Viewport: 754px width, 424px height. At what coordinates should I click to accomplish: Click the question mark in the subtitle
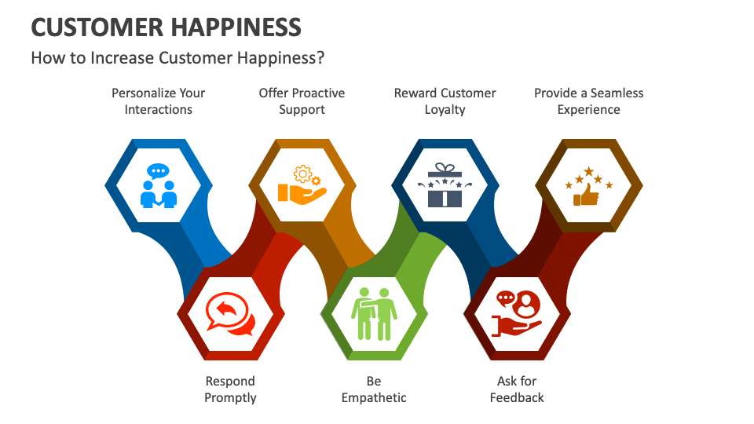pos(320,58)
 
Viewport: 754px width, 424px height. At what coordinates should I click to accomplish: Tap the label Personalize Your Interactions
pos(158,101)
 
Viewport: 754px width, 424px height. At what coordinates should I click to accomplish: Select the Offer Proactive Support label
pos(302,101)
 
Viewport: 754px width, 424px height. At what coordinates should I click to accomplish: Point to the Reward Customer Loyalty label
pos(445,101)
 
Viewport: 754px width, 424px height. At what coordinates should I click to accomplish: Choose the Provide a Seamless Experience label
pos(588,101)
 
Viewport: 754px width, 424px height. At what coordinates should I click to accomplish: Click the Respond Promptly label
pos(230,389)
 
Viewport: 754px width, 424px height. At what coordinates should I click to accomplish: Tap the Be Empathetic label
pos(374,389)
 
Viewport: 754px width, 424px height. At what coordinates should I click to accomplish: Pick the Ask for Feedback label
pos(517,389)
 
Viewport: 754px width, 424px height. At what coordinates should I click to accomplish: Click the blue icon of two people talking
pos(159,186)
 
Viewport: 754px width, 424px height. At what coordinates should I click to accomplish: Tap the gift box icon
pos(445,186)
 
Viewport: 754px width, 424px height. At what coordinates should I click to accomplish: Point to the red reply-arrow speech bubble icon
pos(230,314)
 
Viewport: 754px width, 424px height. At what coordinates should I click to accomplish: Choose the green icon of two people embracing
pos(374,314)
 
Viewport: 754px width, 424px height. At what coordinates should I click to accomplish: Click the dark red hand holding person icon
pos(517,314)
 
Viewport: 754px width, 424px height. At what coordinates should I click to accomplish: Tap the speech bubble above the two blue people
pos(159,171)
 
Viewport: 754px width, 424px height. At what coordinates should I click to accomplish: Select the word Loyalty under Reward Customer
pos(445,110)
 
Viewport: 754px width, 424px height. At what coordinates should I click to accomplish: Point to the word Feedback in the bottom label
pos(517,398)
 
